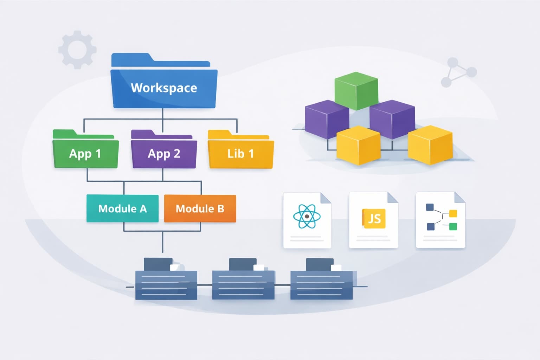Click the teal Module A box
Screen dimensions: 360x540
coord(122,208)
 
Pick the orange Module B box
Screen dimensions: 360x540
coord(200,208)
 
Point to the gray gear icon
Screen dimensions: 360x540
coord(77,50)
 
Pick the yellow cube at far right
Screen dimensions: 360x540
coord(430,145)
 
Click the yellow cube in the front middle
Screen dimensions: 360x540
coord(358,146)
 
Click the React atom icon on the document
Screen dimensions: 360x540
coord(307,216)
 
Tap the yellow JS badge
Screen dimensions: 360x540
coord(374,219)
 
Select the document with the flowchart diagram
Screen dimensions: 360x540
coord(441,220)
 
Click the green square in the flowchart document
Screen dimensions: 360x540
coord(453,226)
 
